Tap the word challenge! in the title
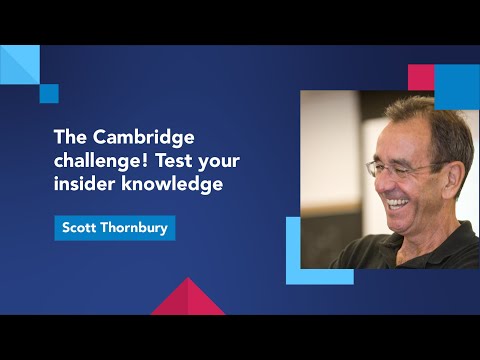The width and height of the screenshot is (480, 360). tap(95, 162)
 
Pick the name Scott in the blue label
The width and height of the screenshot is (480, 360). tap(81, 228)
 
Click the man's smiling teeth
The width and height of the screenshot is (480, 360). tap(399, 203)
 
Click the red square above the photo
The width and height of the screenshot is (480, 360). tap(421, 77)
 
